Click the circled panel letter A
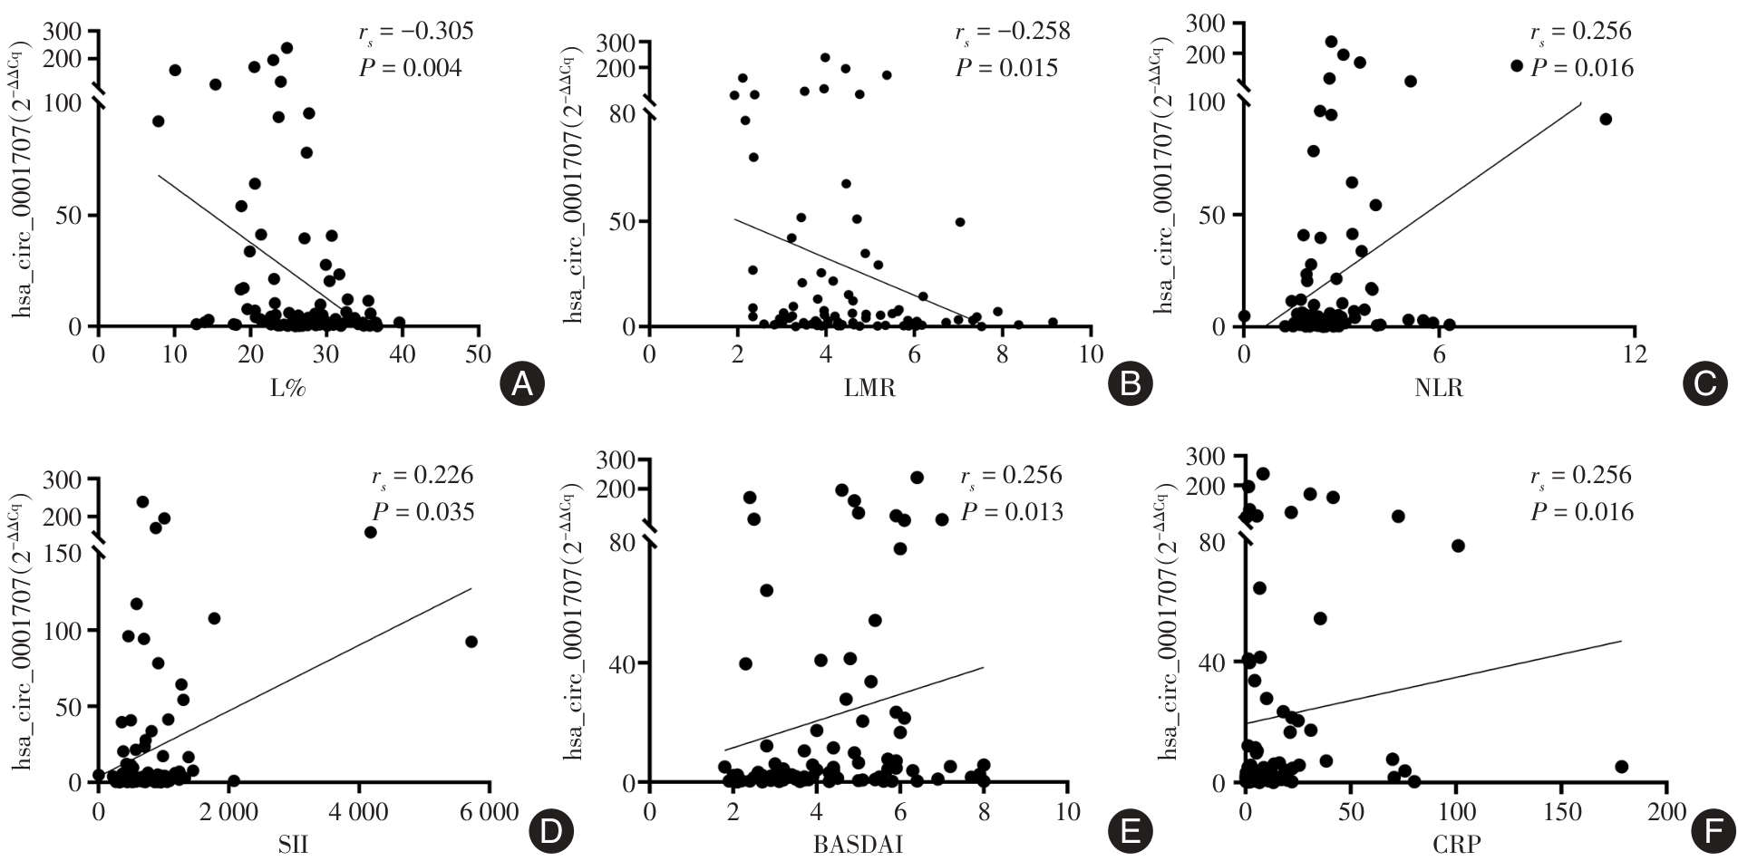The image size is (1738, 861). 521,385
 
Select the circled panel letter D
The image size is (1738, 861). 549,830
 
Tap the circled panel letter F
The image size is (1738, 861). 1705,830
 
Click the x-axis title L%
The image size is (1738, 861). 288,389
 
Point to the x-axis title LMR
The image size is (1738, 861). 869,389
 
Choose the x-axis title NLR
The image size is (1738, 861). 1438,389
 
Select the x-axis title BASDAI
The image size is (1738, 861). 857,846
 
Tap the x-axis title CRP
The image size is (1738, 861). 1456,846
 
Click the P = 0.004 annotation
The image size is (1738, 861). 411,68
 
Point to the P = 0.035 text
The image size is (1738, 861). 423,512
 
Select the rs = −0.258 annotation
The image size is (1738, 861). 1012,33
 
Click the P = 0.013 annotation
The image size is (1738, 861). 1012,512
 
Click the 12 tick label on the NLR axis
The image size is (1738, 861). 1634,353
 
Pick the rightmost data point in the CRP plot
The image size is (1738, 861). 1621,767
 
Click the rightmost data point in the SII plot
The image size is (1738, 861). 471,642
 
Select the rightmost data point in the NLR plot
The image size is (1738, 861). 1606,119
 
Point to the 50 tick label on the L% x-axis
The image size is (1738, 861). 480,353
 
